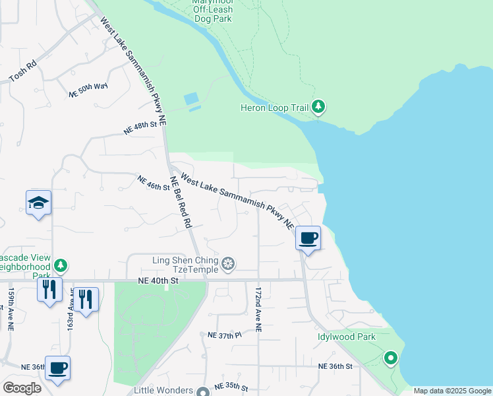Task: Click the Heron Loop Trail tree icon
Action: click(318, 106)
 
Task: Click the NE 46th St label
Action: click(154, 183)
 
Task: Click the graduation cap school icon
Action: click(38, 203)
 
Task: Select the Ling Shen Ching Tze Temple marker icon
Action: click(228, 265)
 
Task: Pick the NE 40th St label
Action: click(159, 280)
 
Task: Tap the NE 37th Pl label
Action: click(225, 336)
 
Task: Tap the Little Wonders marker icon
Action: click(203, 390)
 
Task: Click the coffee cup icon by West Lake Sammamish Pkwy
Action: click(308, 238)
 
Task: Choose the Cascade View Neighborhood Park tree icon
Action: click(61, 265)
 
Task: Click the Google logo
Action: click(22, 388)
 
